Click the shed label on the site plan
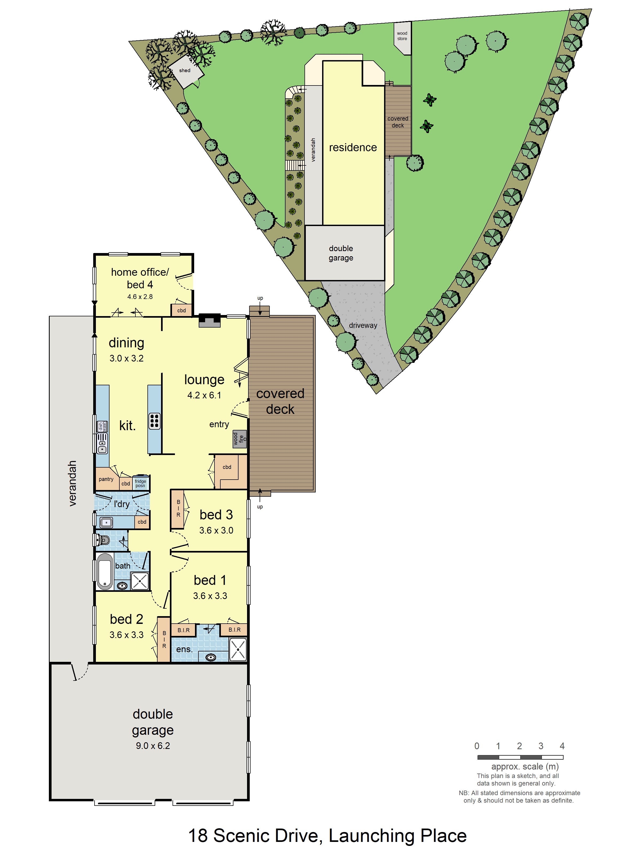pyautogui.click(x=185, y=70)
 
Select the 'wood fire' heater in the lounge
pyautogui.click(x=239, y=439)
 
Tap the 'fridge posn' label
pyautogui.click(x=140, y=483)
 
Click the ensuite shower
pyautogui.click(x=238, y=649)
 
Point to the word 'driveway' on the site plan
pyautogui.click(x=363, y=325)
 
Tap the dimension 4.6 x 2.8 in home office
pyautogui.click(x=140, y=297)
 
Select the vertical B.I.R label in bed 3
pyautogui.click(x=178, y=508)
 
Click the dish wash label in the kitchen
pyautogui.click(x=102, y=426)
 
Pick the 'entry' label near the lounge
pyautogui.click(x=219, y=424)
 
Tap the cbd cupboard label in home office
pyautogui.click(x=181, y=310)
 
